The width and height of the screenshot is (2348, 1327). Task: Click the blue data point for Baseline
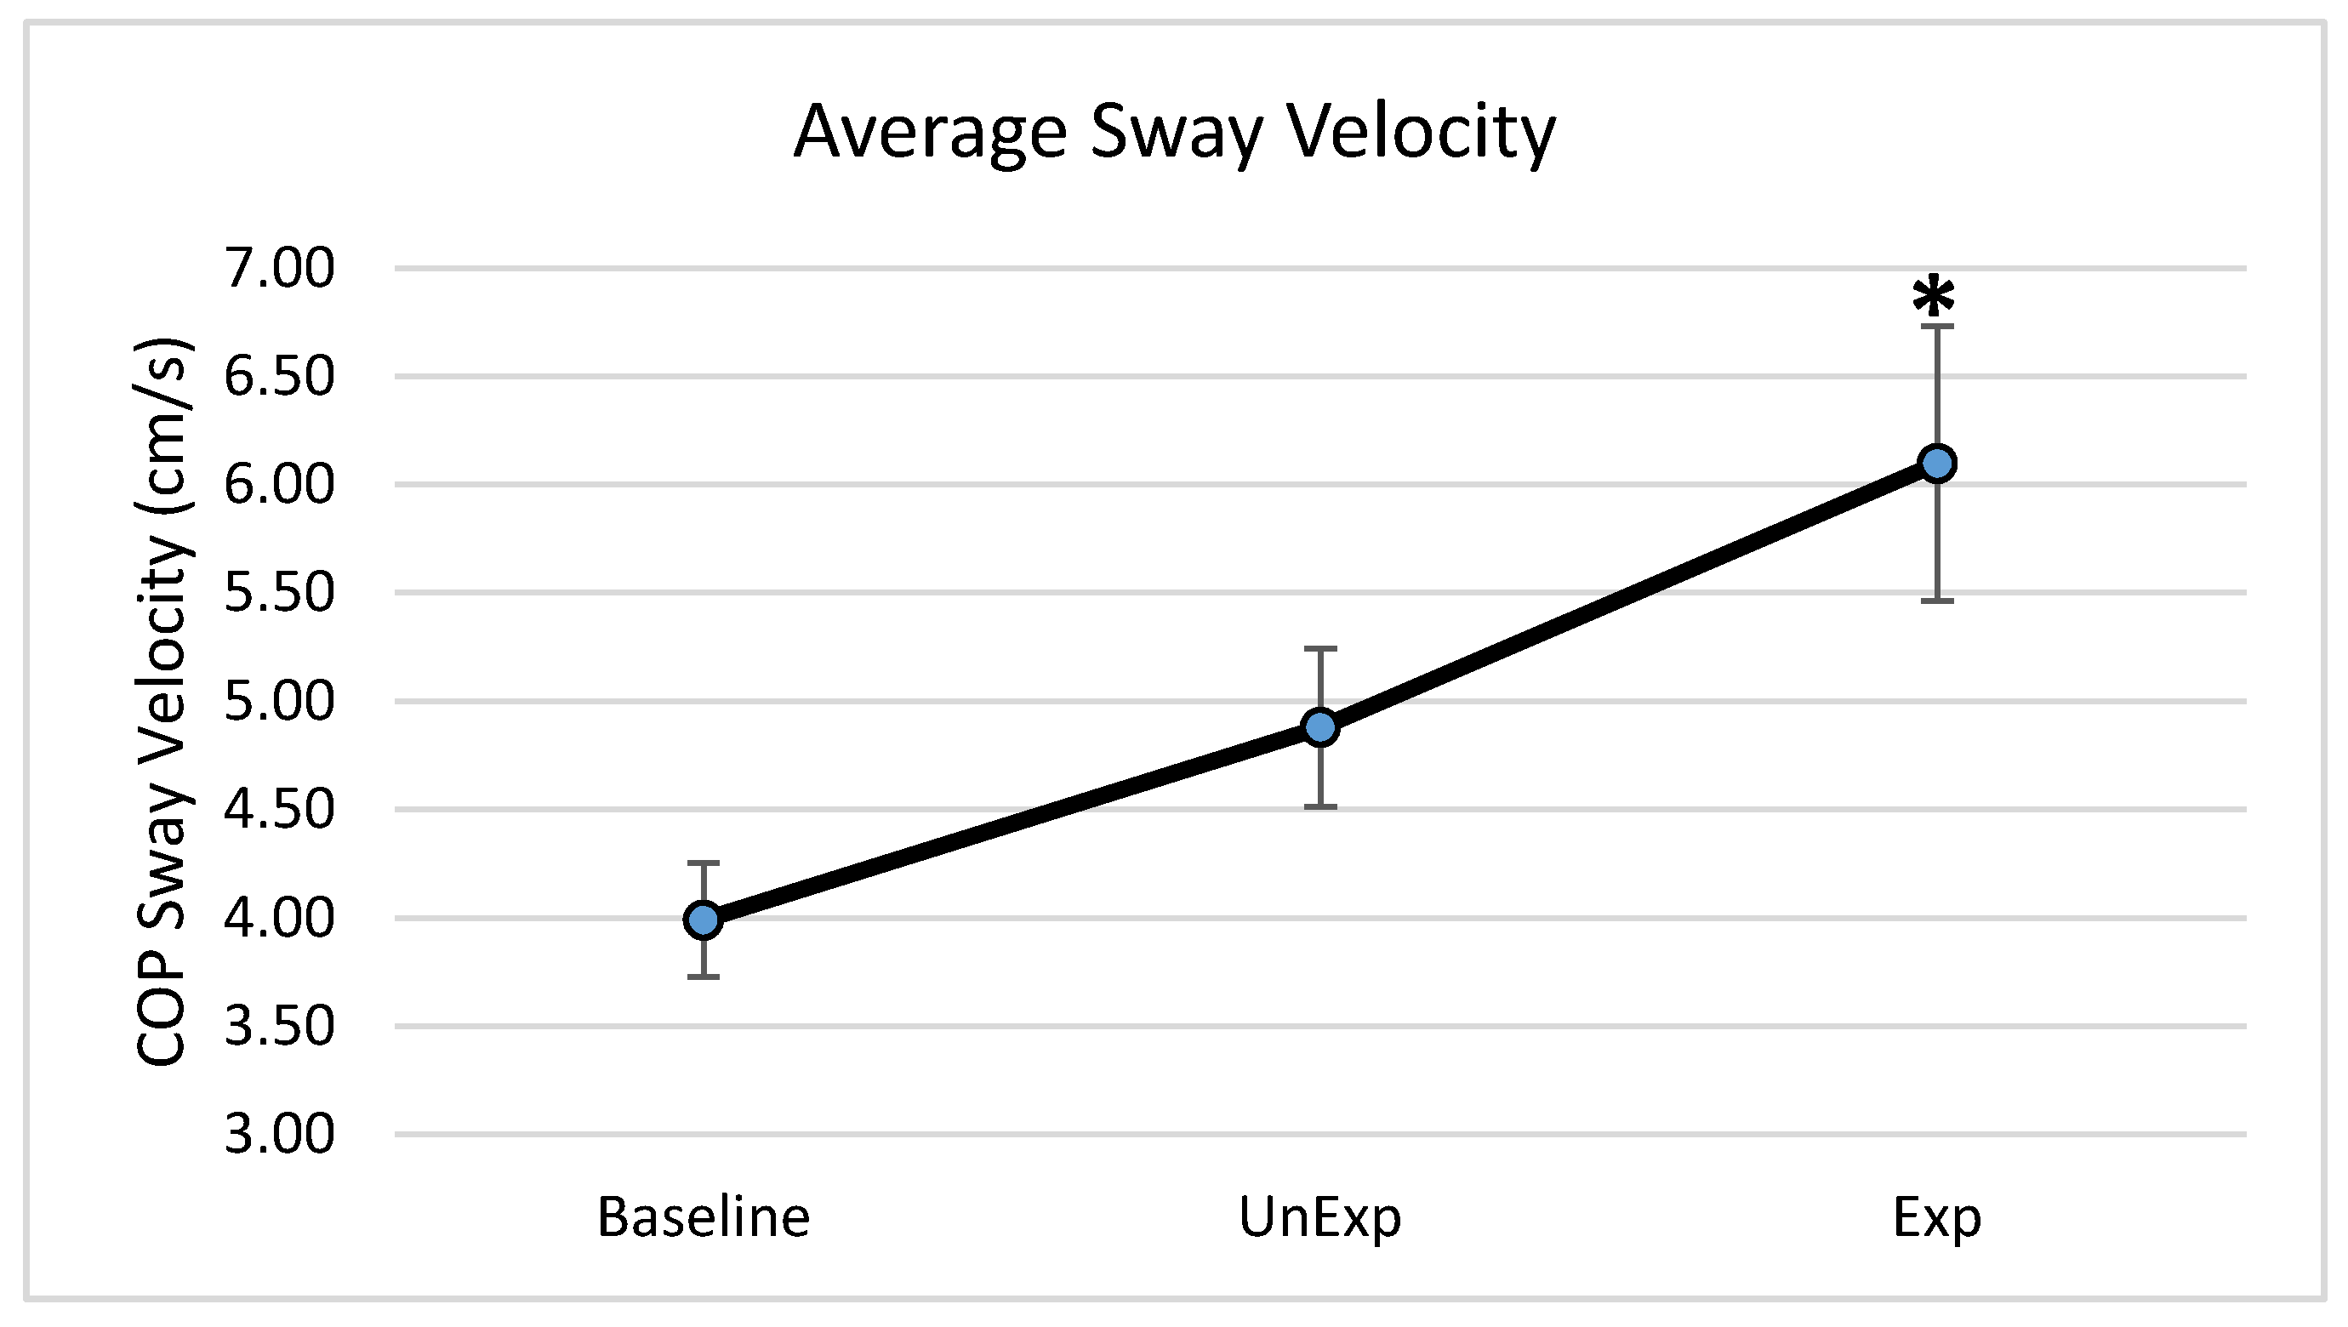(703, 920)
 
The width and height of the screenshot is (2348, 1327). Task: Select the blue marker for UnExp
(1319, 726)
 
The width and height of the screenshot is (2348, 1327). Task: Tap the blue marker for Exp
(1937, 463)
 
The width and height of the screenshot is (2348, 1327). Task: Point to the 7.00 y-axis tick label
(280, 269)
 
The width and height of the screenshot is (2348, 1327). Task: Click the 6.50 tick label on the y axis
(280, 376)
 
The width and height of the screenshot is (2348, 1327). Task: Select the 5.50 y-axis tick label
(280, 594)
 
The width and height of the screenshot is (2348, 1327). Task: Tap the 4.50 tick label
(280, 809)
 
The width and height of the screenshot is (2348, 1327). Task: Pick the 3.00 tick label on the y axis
(280, 1135)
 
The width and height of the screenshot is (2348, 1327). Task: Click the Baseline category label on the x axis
(703, 1216)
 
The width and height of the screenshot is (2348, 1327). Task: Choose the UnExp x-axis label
(1319, 1216)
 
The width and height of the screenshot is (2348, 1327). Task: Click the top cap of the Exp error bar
(1937, 325)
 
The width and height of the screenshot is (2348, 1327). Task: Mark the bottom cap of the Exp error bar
(1937, 601)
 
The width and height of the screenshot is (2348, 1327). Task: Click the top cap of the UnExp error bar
(1319, 648)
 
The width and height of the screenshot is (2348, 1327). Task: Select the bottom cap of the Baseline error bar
(703, 977)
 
